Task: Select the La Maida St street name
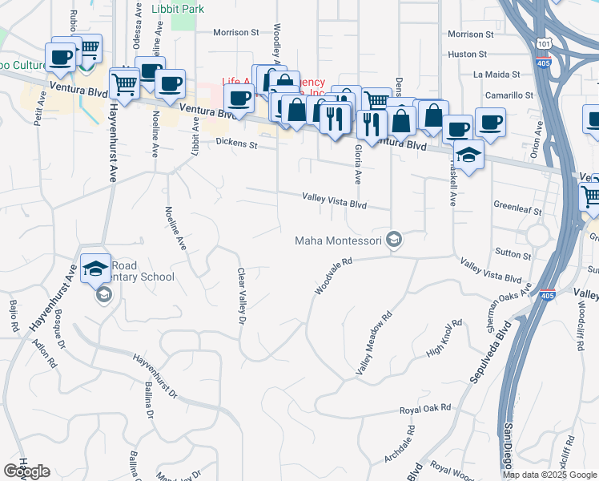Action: pos(504,75)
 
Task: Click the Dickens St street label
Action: pos(235,145)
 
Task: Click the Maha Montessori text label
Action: pos(338,240)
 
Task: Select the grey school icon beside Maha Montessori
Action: pos(393,240)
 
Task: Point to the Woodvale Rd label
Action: pos(334,276)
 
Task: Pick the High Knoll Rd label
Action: pos(445,339)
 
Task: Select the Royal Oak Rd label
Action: pos(426,409)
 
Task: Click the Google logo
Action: pos(26,471)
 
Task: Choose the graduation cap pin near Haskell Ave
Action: pos(469,153)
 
